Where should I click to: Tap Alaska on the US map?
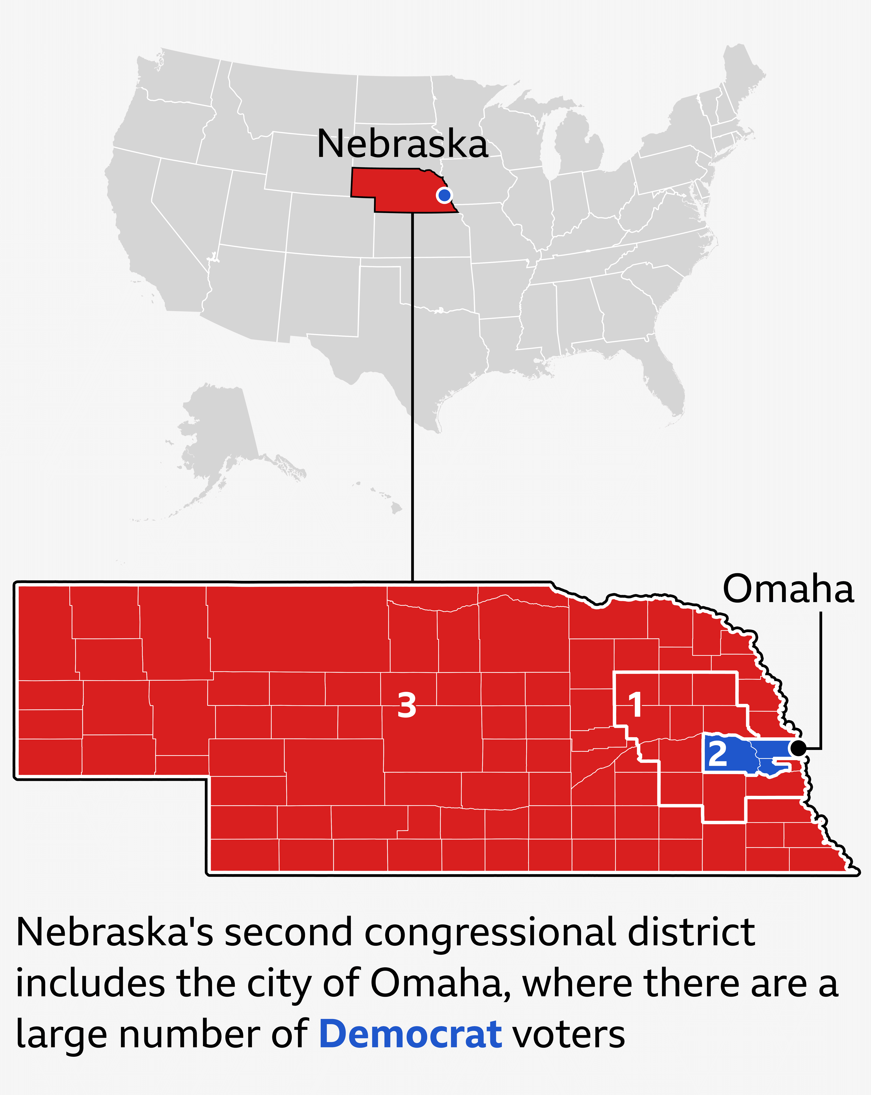(218, 432)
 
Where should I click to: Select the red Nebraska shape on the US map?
(401, 190)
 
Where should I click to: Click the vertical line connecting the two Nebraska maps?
(412, 406)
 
